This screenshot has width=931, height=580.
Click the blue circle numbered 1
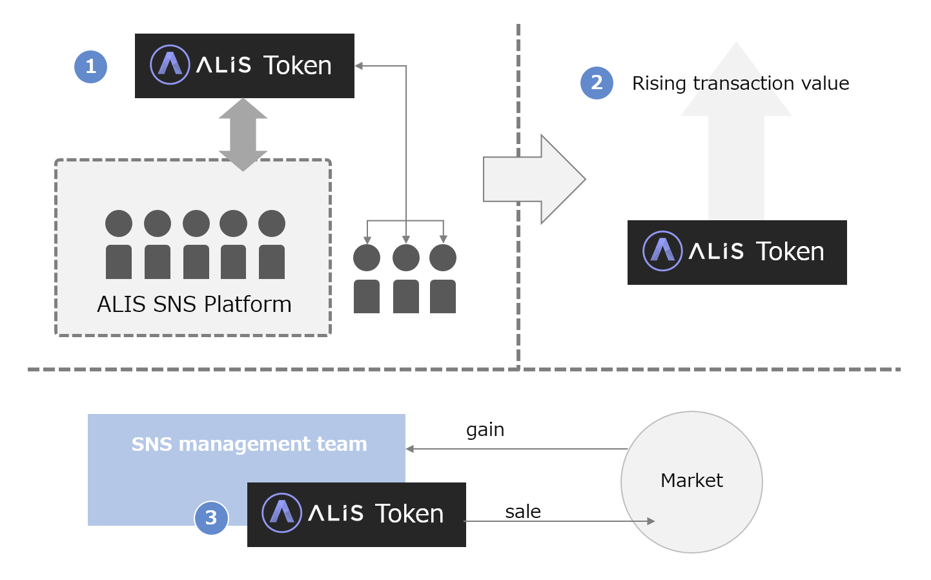tap(90, 67)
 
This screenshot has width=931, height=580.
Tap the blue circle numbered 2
tap(597, 83)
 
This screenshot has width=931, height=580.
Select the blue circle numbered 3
tap(211, 518)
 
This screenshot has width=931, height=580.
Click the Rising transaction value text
tap(740, 83)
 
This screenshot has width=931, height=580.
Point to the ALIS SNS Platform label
tap(194, 304)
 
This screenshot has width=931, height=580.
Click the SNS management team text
tap(249, 444)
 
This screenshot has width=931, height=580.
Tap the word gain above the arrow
tap(485, 430)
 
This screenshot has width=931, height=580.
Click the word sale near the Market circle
tap(523, 512)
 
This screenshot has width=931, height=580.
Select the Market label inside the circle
tap(691, 481)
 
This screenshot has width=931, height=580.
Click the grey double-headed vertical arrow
tap(243, 134)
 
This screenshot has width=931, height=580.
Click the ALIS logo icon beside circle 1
tap(170, 65)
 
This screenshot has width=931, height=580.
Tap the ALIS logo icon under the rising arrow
tap(662, 251)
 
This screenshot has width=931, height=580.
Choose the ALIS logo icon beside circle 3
tap(281, 513)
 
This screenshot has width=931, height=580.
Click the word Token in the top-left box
tap(297, 66)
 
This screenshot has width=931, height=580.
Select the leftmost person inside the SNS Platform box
tap(119, 245)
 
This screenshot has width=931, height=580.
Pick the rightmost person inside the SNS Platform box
tap(272, 245)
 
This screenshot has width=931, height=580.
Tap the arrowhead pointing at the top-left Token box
tap(359, 66)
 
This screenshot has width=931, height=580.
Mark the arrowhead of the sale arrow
tap(651, 521)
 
